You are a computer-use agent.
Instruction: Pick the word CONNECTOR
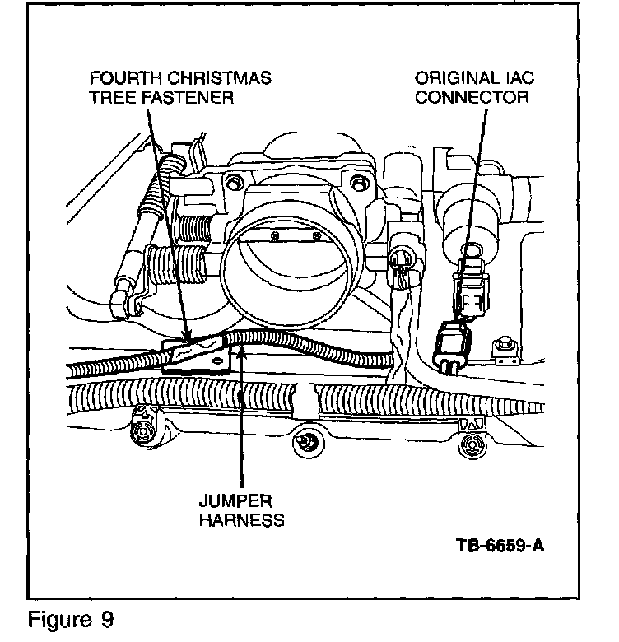(472, 98)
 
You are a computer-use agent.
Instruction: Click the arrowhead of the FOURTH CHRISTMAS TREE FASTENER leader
(188, 339)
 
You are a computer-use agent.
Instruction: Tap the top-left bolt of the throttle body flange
(235, 182)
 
